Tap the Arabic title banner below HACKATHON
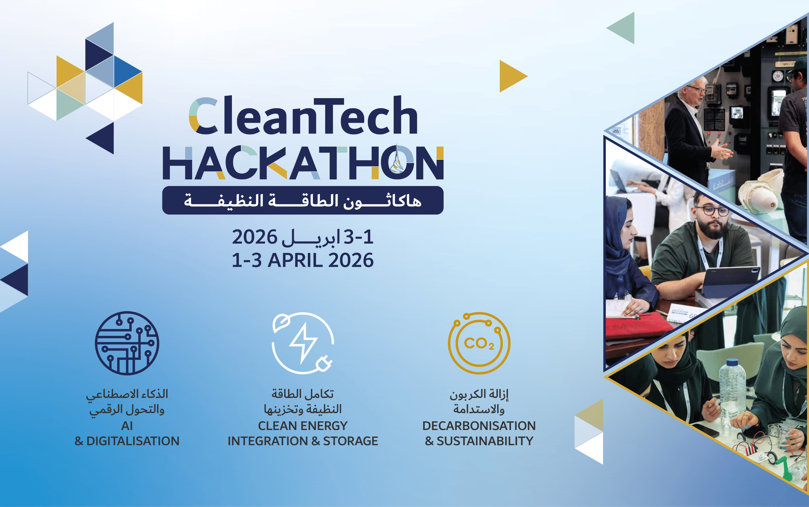pos(303,201)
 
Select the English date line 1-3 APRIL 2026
pos(303,260)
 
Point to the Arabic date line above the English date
pos(303,237)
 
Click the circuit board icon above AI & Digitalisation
pos(127,343)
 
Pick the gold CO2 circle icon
pos(479,343)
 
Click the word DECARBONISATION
pos(479,426)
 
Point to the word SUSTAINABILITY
pos(485,441)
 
